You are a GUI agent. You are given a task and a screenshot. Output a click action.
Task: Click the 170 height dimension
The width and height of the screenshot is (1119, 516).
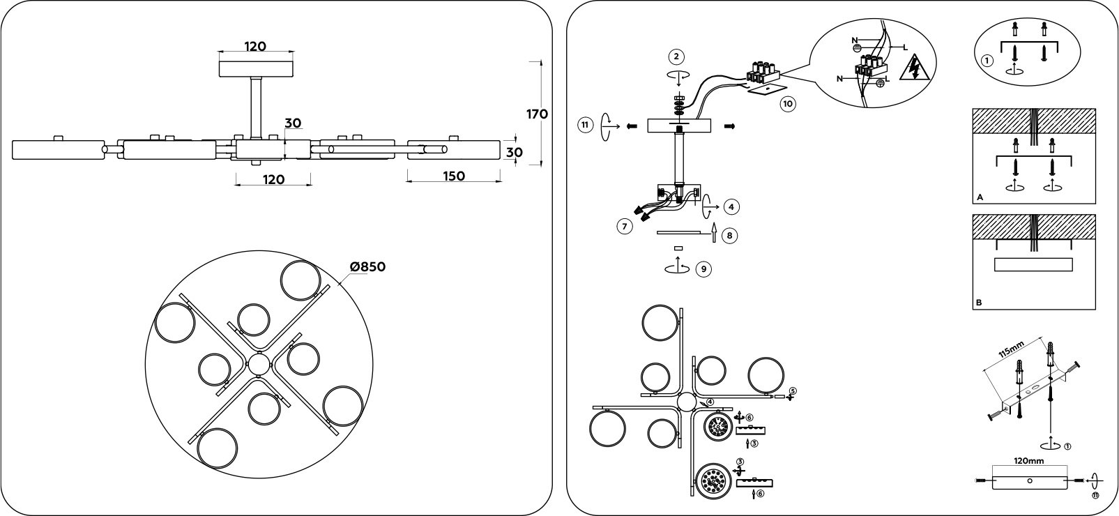click(x=537, y=114)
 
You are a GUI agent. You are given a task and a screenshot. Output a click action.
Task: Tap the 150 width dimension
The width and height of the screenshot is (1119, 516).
click(x=453, y=176)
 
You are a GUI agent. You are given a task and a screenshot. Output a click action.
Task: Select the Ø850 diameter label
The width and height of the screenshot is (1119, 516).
click(x=367, y=267)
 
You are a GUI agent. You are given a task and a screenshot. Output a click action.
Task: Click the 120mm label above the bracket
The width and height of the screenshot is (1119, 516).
click(x=1029, y=461)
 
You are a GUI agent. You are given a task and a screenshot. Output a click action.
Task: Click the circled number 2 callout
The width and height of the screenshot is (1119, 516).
click(x=675, y=56)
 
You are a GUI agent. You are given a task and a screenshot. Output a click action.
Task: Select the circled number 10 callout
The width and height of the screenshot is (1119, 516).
click(x=787, y=105)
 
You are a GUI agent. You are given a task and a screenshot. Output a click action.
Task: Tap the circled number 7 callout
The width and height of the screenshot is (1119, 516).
click(x=624, y=226)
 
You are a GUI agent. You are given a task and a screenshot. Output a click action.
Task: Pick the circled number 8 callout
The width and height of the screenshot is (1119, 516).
click(x=729, y=235)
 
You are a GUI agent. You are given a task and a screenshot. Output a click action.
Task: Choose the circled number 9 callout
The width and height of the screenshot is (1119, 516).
click(x=704, y=269)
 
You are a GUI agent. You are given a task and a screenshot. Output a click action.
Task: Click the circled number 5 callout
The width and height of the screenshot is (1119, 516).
click(x=792, y=391)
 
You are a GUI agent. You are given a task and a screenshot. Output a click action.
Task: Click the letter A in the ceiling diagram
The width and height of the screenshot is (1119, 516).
click(x=980, y=198)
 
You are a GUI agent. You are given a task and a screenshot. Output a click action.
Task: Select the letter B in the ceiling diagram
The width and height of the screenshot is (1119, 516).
click(x=980, y=303)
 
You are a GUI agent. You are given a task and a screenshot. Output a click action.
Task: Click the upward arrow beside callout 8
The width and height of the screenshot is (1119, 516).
click(x=713, y=233)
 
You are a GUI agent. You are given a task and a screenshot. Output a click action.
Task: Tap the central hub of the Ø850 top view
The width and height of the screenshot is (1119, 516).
click(x=259, y=365)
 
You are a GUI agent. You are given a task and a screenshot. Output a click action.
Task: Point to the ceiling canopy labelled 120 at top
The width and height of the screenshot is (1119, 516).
click(x=256, y=69)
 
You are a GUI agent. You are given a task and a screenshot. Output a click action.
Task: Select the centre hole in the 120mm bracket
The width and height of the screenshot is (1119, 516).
click(x=1030, y=481)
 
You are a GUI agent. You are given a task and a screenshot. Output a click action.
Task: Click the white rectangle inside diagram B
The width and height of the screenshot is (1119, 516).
click(x=1033, y=265)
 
